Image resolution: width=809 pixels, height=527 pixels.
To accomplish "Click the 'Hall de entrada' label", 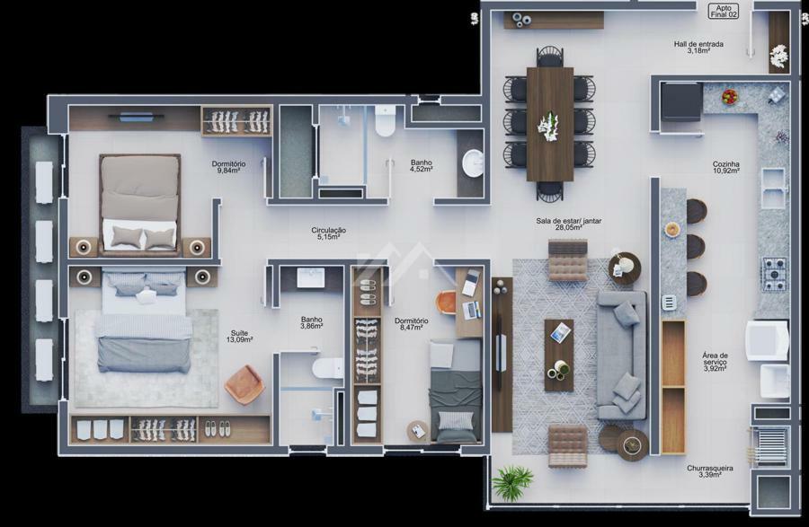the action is (x=698, y=44).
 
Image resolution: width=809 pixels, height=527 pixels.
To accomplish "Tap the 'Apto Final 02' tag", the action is (x=724, y=12).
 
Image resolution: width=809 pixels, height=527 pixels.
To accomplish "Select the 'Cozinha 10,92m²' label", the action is (x=726, y=167).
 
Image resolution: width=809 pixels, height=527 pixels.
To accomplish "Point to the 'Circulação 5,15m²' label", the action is (x=328, y=233).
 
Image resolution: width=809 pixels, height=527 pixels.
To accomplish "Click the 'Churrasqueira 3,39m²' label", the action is (x=709, y=471).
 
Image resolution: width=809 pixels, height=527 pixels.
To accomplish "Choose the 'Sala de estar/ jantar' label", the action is (x=568, y=221).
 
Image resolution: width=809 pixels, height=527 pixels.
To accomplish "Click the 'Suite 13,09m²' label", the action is (x=239, y=337).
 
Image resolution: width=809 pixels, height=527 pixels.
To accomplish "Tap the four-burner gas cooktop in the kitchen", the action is (x=775, y=274).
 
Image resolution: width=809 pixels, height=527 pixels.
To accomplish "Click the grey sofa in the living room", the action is (x=622, y=356).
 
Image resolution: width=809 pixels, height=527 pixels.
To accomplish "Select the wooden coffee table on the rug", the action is (x=559, y=355).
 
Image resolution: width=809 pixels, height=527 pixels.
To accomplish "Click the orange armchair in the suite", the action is (x=244, y=384).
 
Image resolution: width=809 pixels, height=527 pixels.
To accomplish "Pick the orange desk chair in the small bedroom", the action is (x=446, y=303).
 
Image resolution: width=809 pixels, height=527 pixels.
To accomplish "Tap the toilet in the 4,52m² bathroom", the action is (x=385, y=120).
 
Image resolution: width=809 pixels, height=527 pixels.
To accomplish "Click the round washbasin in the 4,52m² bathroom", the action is (x=472, y=163).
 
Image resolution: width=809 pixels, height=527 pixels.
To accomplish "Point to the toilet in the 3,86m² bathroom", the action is (x=327, y=368).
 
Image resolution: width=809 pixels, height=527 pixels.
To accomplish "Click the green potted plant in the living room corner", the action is (x=511, y=482).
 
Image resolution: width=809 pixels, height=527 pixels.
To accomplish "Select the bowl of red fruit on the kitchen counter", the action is (x=730, y=96).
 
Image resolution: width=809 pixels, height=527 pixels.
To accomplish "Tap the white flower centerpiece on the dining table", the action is (x=548, y=127).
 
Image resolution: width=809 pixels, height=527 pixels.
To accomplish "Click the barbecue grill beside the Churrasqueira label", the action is (x=770, y=446).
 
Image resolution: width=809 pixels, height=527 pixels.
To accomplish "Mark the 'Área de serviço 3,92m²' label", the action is (x=716, y=362).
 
